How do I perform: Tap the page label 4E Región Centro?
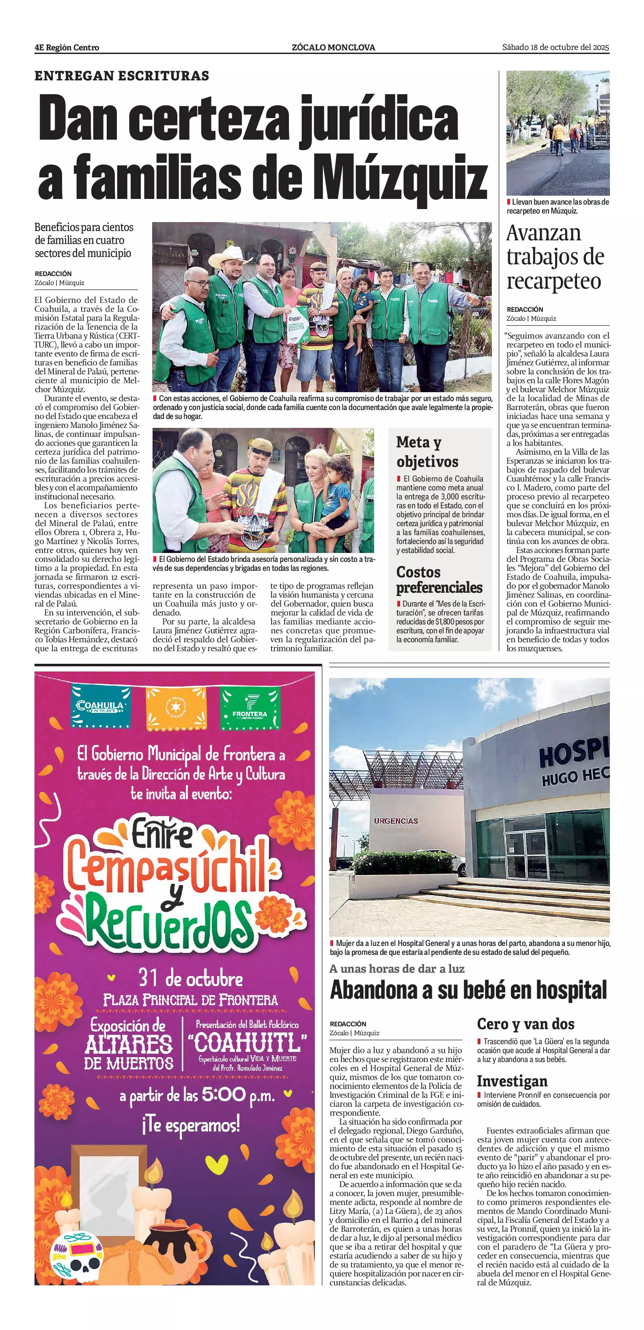click(x=67, y=47)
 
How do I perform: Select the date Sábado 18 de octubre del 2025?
click(x=556, y=47)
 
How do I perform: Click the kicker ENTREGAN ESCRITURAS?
click(x=122, y=76)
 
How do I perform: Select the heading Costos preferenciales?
click(x=439, y=579)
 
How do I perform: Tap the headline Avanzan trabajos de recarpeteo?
click(x=555, y=257)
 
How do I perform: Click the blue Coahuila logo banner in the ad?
click(x=100, y=707)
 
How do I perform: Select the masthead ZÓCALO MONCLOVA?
click(x=333, y=47)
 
